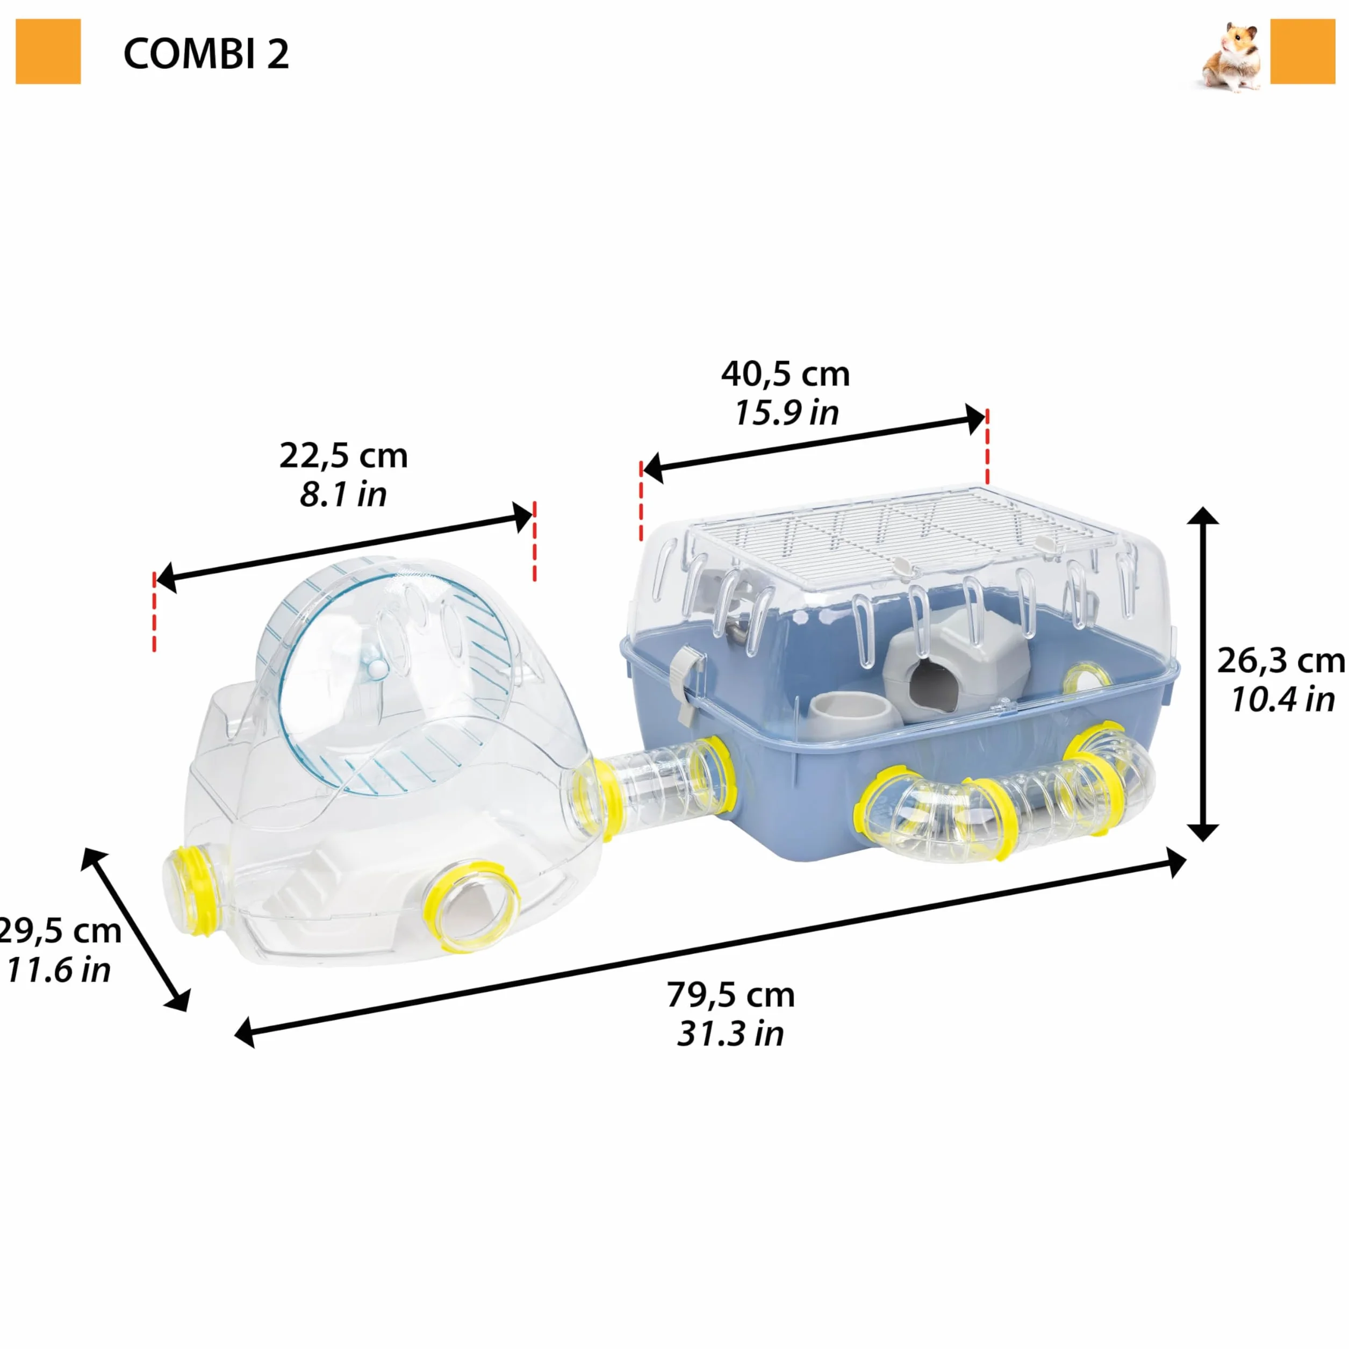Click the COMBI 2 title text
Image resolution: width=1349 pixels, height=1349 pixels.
(x=206, y=54)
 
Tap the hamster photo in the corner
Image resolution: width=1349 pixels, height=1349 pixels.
(x=1232, y=58)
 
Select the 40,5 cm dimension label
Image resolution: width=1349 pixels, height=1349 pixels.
(x=786, y=374)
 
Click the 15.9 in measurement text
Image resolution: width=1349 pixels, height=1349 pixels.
(x=786, y=413)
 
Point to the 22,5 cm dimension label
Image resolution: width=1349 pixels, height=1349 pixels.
(x=343, y=456)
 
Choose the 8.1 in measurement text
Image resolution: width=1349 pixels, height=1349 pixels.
(x=343, y=494)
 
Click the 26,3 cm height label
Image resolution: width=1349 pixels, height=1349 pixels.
(x=1281, y=661)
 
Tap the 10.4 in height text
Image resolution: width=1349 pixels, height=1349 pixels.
(x=1283, y=699)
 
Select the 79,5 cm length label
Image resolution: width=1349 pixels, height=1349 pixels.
(x=730, y=995)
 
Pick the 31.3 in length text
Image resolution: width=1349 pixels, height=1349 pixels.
(x=730, y=1034)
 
